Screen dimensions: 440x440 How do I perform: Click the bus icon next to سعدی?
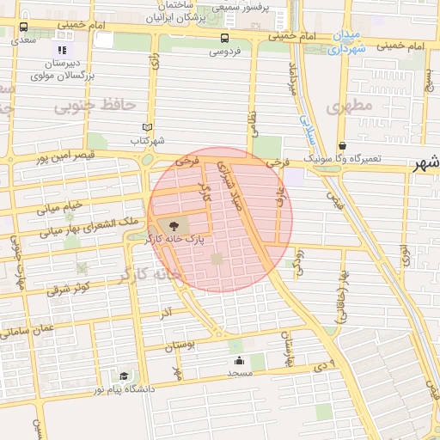point(22,27)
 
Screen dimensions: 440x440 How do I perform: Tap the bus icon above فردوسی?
point(224,38)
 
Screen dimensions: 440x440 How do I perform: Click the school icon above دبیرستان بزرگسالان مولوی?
point(61,50)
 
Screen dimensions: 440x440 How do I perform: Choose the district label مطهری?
point(350,106)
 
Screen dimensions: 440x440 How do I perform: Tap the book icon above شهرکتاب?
point(147,127)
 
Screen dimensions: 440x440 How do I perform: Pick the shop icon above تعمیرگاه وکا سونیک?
point(342,146)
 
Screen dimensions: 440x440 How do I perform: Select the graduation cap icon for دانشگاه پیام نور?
point(125,376)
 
